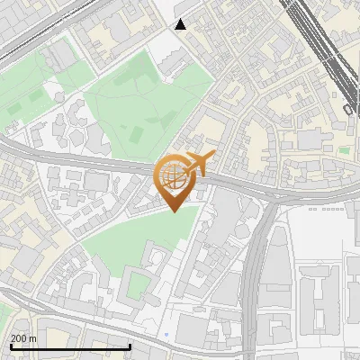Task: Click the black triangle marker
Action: pyautogui.click(x=181, y=24)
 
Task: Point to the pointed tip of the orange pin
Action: pyautogui.click(x=174, y=211)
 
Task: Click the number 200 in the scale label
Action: pyautogui.click(x=19, y=338)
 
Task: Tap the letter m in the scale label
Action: pyautogui.click(x=33, y=338)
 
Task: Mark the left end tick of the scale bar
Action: pyautogui.click(x=11, y=346)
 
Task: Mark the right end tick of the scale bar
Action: pyautogui.click(x=130, y=346)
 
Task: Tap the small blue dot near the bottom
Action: pyautogui.click(x=168, y=334)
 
